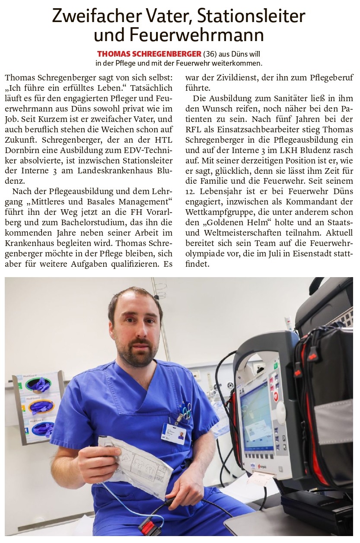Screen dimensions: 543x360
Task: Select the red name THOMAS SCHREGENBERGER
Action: pyautogui.click(x=149, y=54)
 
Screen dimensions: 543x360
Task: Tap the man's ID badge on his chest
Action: pyautogui.click(x=173, y=433)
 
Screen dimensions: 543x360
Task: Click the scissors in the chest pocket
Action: pyautogui.click(x=185, y=410)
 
